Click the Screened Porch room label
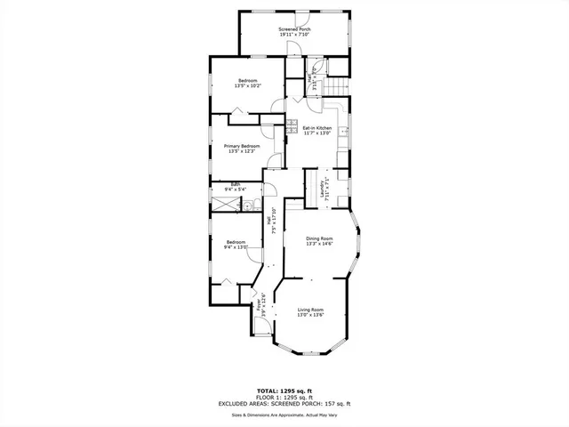[294, 29]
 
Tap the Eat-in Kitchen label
[317, 127]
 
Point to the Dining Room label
[319, 238]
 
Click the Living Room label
[309, 309]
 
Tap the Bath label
[236, 185]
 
